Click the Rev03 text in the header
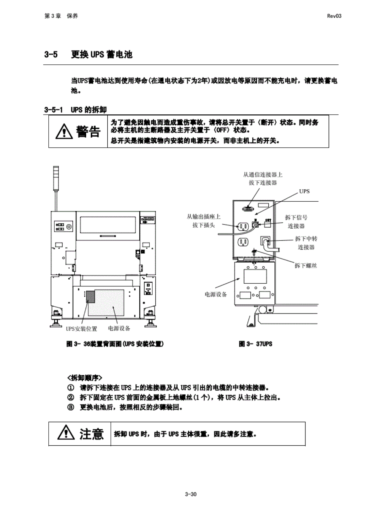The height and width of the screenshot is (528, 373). (334, 16)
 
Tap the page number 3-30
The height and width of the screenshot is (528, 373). (191, 494)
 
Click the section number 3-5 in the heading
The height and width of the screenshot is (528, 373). (51, 54)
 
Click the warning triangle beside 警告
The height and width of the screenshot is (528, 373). (64, 132)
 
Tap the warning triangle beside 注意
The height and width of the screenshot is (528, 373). (66, 433)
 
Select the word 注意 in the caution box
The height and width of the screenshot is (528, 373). (91, 434)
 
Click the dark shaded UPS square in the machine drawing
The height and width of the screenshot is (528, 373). (90, 296)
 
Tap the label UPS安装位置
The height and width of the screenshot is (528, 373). (81, 329)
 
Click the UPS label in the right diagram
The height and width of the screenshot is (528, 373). (304, 191)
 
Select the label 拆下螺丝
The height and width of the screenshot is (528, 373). (305, 265)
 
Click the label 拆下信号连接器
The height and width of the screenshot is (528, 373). (296, 221)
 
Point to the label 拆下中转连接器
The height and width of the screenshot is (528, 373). (306, 243)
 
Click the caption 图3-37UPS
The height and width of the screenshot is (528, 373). (255, 344)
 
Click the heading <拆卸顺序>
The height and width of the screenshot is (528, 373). (84, 377)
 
